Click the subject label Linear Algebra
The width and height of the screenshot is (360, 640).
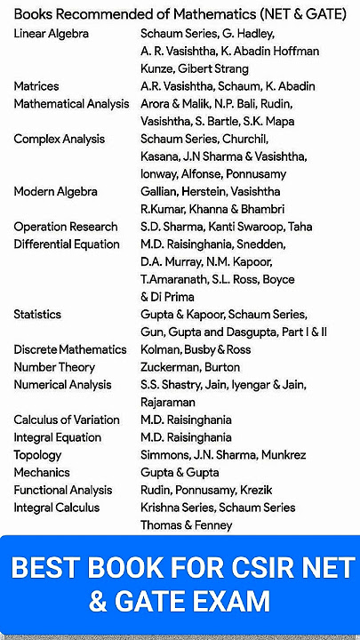point(51,34)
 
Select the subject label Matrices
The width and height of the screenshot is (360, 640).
point(36,86)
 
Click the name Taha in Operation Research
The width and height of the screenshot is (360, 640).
point(300,227)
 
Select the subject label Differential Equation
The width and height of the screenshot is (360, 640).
point(67,244)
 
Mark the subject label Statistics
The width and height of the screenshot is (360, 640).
point(37,314)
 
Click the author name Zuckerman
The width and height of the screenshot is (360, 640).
point(175,366)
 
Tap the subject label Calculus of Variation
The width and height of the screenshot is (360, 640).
point(62,420)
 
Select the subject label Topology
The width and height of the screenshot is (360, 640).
point(37,454)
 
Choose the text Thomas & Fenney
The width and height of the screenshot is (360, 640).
point(186,524)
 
